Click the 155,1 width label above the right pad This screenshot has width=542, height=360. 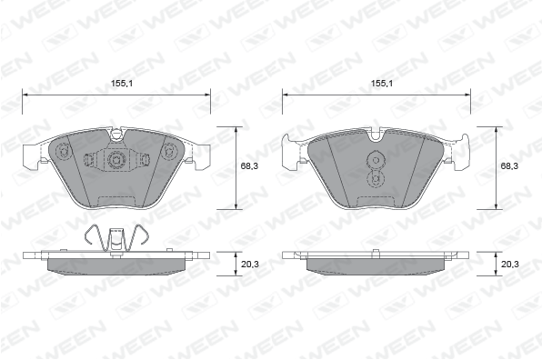(x=382, y=84)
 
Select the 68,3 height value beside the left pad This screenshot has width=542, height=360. (x=249, y=166)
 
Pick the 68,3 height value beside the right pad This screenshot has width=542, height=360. (x=509, y=166)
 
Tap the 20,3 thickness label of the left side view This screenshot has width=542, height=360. (x=250, y=265)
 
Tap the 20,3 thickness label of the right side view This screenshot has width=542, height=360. (x=510, y=265)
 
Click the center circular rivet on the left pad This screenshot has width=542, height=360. (x=115, y=160)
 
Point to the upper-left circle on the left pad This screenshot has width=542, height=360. (x=63, y=151)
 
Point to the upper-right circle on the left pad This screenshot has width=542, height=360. (x=169, y=151)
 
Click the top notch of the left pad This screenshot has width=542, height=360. (x=116, y=135)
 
